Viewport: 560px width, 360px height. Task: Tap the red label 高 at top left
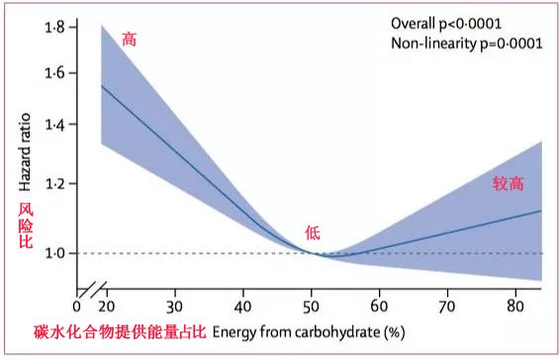(x=129, y=40)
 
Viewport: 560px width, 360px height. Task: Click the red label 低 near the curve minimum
(x=313, y=233)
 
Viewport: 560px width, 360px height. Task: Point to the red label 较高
(x=509, y=183)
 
